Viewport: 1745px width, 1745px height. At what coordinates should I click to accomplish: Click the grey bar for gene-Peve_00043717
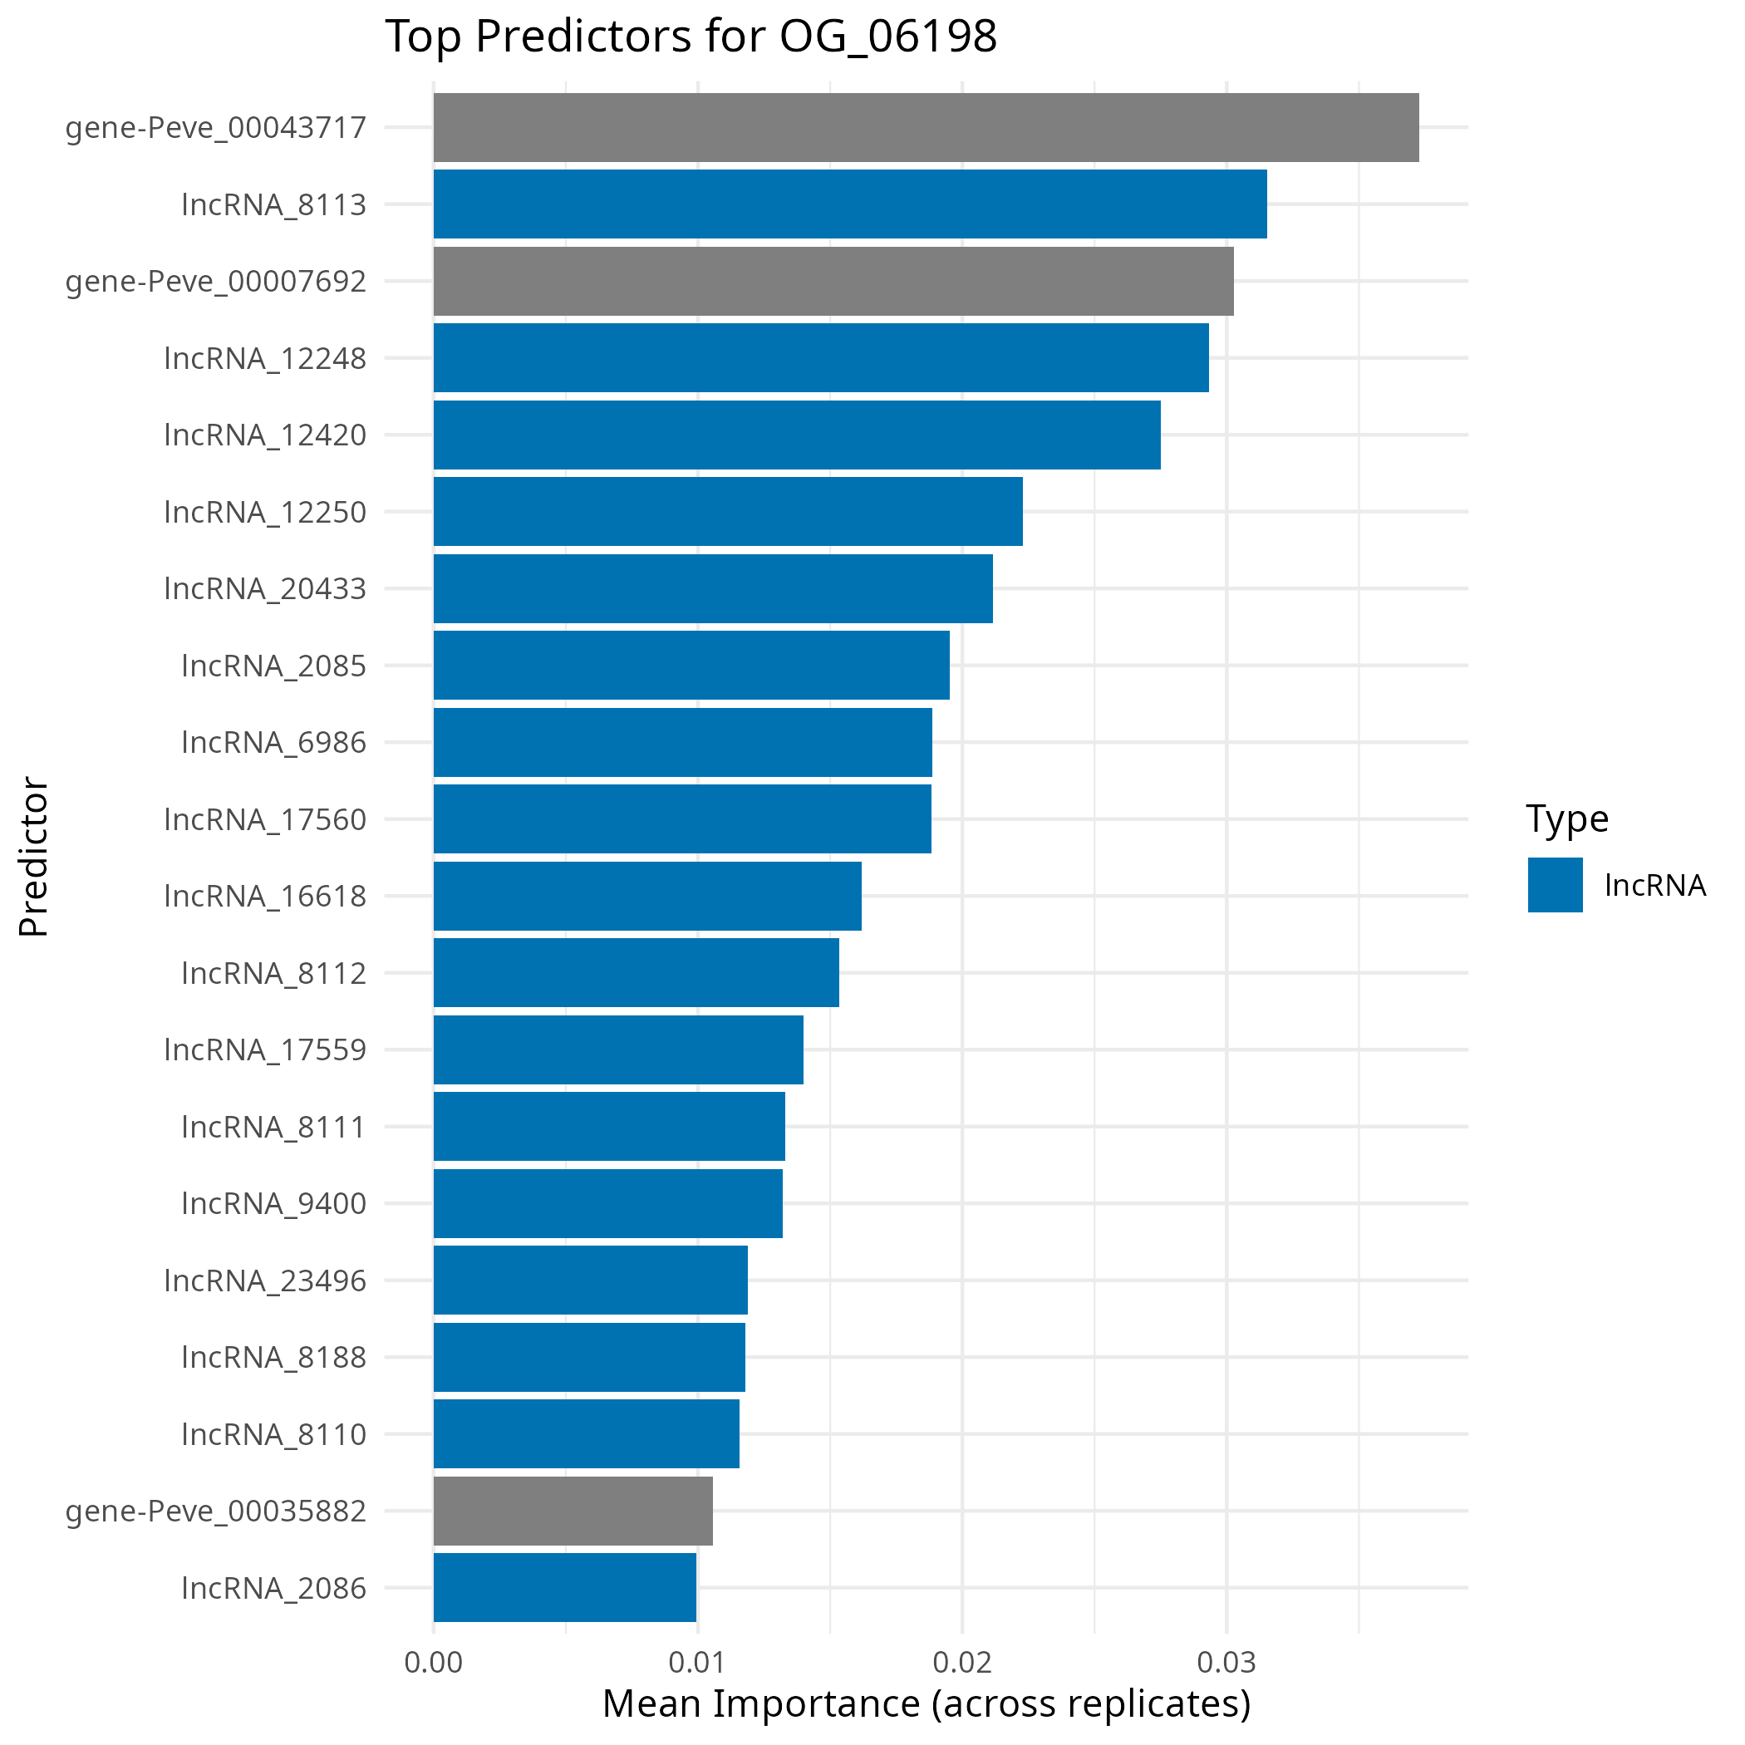click(x=926, y=127)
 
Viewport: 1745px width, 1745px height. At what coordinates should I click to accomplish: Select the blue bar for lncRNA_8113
click(x=850, y=204)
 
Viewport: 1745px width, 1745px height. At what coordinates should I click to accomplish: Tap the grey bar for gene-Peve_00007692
click(x=833, y=281)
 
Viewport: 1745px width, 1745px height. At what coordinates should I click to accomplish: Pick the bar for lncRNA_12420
click(x=797, y=435)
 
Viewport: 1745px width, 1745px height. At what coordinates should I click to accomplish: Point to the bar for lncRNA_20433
click(x=713, y=588)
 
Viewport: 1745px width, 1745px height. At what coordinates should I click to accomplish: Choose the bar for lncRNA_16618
click(x=646, y=896)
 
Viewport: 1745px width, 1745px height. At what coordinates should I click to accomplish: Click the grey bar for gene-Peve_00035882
click(x=573, y=1511)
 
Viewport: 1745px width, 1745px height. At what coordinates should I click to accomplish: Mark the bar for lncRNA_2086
click(x=564, y=1588)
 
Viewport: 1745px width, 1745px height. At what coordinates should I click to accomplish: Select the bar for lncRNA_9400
click(x=608, y=1203)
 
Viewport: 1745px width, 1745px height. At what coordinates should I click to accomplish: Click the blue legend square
click(x=1556, y=885)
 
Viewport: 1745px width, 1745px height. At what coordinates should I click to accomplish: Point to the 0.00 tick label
click(x=434, y=1662)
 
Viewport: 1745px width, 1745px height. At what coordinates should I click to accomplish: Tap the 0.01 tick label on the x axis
click(x=697, y=1662)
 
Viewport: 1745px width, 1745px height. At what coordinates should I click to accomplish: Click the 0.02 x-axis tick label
click(x=962, y=1662)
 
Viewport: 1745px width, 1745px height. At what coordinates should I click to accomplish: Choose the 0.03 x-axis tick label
click(x=1226, y=1662)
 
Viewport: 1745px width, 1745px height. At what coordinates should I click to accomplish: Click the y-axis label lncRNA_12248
click(x=266, y=359)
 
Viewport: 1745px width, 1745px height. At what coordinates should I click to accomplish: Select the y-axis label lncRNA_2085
click(x=273, y=666)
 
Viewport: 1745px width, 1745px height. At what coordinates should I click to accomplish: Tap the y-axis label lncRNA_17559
click(x=266, y=1049)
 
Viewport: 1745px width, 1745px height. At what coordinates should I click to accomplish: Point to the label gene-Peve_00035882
click(x=216, y=1511)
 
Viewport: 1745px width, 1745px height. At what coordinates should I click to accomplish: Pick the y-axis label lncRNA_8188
click(x=273, y=1357)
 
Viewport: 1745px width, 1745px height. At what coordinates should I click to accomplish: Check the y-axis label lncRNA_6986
click(x=273, y=742)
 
